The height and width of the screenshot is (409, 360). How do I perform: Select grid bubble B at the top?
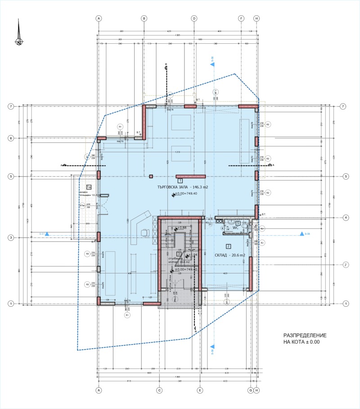(144, 18)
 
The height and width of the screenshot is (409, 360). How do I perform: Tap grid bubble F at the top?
(241, 18)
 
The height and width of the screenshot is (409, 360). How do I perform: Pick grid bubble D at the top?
(194, 18)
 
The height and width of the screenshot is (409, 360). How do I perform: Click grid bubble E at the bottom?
(199, 390)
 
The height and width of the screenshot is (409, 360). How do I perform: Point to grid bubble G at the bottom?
(251, 390)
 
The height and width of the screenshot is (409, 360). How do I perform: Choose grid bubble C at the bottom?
(159, 390)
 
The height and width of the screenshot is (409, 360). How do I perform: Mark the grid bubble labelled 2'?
(346, 264)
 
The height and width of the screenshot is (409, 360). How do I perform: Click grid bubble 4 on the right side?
(346, 218)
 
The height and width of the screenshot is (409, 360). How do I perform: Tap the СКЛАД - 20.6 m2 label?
(229, 255)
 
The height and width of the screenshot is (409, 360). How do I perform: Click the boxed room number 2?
(228, 246)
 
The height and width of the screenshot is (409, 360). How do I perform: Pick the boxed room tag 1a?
(89, 186)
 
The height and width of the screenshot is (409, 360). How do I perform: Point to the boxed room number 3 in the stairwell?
(179, 254)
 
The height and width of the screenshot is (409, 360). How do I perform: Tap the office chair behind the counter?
(145, 232)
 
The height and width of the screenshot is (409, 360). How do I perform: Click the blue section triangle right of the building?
(301, 234)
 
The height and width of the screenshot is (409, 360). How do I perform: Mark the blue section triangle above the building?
(211, 64)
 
